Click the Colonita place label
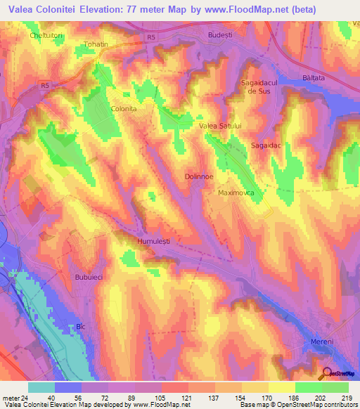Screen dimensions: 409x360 point(124,110)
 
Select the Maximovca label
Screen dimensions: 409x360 point(236,192)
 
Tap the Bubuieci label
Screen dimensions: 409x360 point(89,278)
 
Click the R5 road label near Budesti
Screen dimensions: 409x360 point(152,38)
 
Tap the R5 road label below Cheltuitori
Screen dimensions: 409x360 point(45,86)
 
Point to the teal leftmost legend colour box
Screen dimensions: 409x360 point(41,387)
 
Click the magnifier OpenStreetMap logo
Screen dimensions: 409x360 point(327,374)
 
